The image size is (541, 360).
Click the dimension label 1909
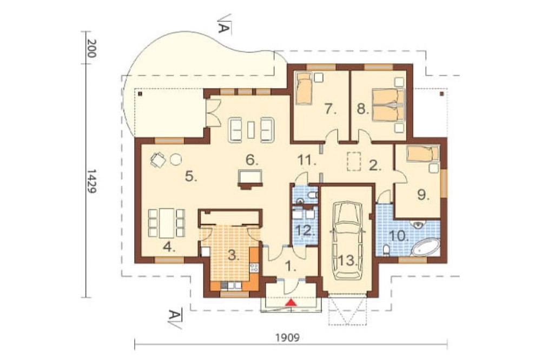point(287,338)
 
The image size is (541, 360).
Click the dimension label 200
point(91,48)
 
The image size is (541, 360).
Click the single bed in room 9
point(423,154)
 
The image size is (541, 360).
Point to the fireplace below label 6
point(250,179)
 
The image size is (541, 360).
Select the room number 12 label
point(306,230)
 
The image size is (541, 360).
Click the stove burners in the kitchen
point(254,267)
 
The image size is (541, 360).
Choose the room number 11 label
point(307,160)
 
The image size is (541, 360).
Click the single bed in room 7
point(304,88)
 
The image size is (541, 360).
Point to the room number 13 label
point(347,261)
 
